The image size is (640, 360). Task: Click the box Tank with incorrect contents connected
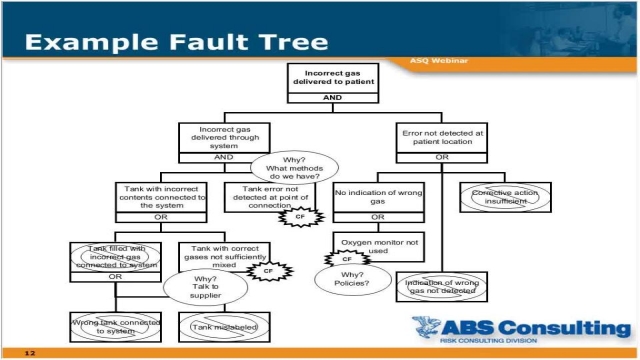pyautogui.click(x=163, y=197)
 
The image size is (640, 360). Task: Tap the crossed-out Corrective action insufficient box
pyautogui.click(x=504, y=196)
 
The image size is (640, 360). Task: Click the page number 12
pyautogui.click(x=30, y=352)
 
